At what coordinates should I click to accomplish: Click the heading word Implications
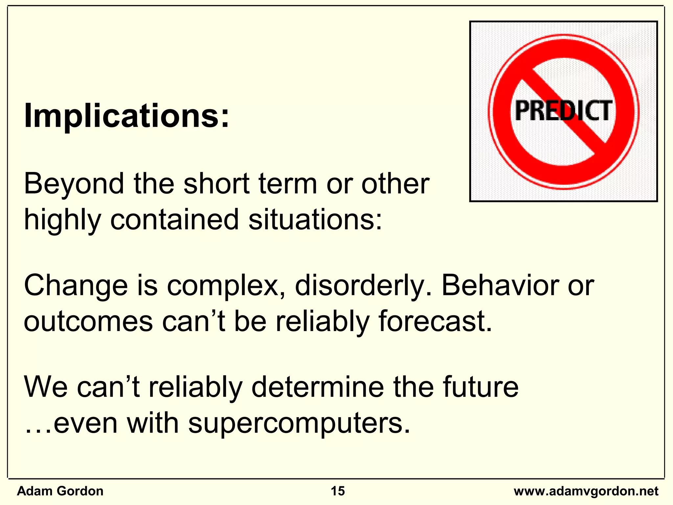coord(127,116)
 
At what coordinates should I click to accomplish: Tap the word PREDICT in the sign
coord(563,111)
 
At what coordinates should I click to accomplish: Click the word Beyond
coord(74,184)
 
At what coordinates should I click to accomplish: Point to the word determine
coord(317,387)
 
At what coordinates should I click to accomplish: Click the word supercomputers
coord(299,423)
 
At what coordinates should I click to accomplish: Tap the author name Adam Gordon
coord(60,491)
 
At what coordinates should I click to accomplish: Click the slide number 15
coord(337,491)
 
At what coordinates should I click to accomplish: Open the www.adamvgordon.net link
coord(586,491)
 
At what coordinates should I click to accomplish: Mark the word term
coord(288,184)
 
